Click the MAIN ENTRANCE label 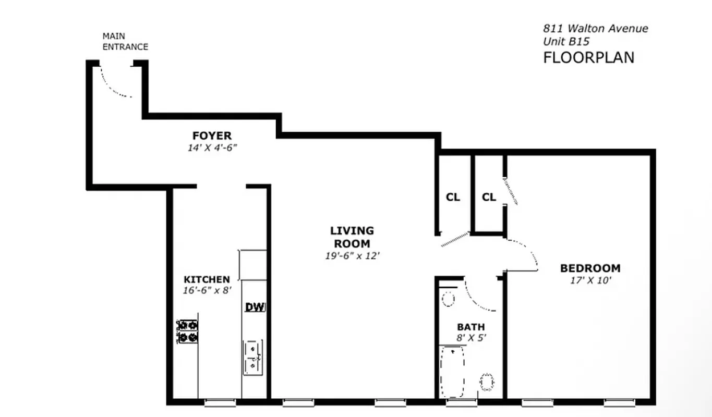[x=125, y=41]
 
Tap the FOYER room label [x=212, y=136]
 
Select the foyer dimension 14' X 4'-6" [x=212, y=148]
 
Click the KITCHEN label [x=207, y=279]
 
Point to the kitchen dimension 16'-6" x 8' [x=207, y=290]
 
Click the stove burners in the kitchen [x=187, y=332]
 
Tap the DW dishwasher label [x=256, y=307]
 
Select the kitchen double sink [x=253, y=357]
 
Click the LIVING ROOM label [x=352, y=237]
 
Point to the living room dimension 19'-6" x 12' [x=352, y=255]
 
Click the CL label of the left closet [x=453, y=197]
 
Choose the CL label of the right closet [x=489, y=197]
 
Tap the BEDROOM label [x=590, y=268]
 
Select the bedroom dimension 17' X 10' [x=590, y=280]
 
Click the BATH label [x=471, y=327]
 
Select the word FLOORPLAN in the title [x=589, y=57]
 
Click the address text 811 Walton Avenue [x=596, y=29]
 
